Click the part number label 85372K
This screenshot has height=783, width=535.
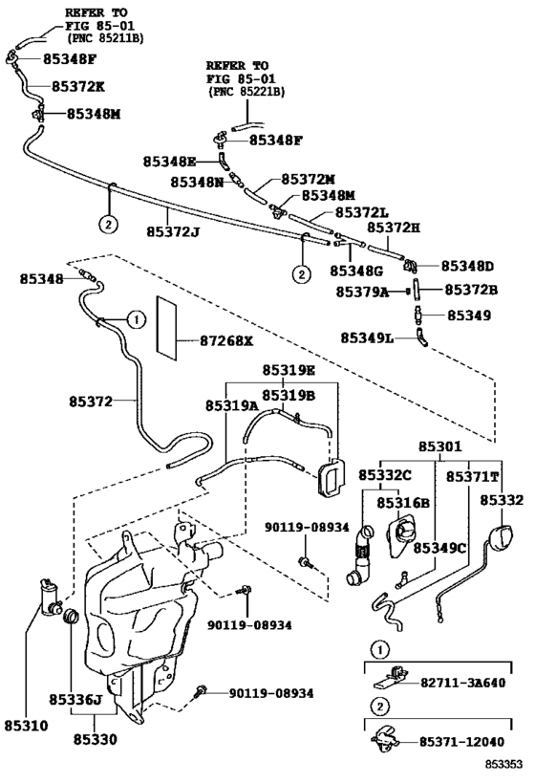coord(80,86)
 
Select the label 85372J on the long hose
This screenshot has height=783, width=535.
coord(174,230)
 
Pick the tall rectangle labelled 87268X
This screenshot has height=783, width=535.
coord(167,326)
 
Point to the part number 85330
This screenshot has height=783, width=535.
coord(96,739)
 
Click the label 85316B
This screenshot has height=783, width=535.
coord(402,503)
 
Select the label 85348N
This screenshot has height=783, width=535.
coord(198,181)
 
